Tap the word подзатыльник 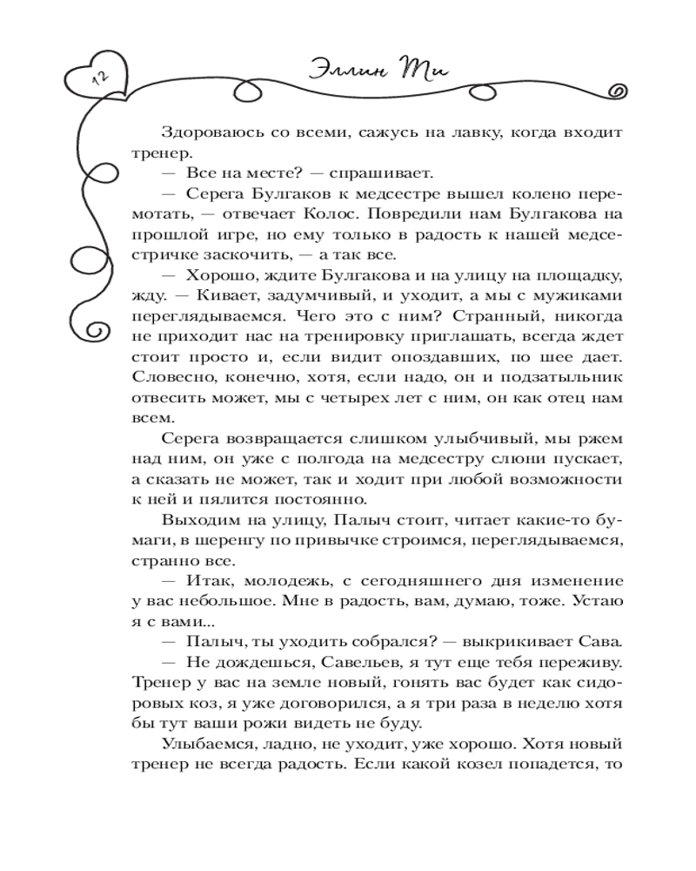coord(572,379)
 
